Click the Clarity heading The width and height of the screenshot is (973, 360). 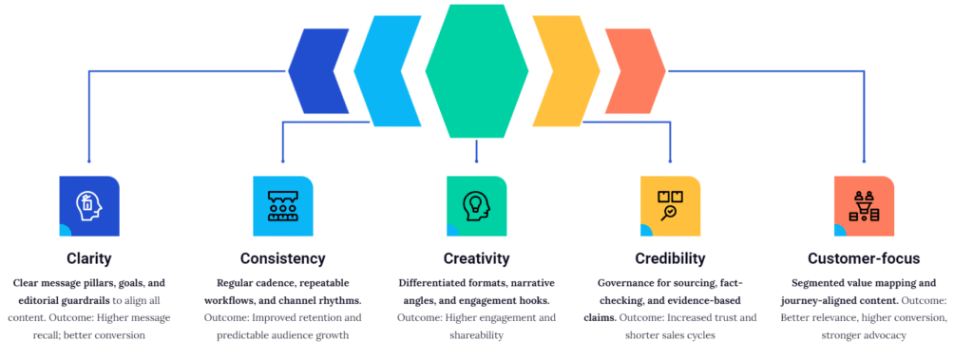coord(88,257)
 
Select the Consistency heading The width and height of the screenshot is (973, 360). coord(282,257)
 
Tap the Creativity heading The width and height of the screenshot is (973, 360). coord(476,257)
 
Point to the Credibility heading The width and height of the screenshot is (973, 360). coord(670,257)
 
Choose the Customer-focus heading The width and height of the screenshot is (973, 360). coord(864,257)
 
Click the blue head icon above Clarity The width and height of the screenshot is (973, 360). coord(88,205)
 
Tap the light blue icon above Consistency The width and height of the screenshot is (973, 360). coord(282,205)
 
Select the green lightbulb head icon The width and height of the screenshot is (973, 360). coord(476,205)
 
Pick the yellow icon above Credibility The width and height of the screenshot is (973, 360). coord(670,205)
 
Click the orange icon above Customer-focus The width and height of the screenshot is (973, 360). coord(864,205)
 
